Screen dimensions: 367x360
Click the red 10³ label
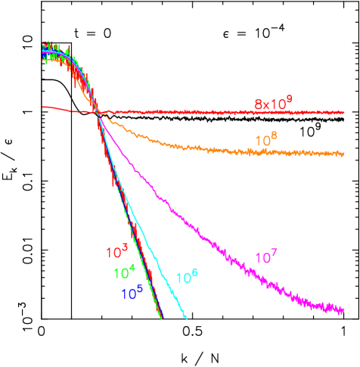(x=116, y=252)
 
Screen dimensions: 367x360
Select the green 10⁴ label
(x=125, y=272)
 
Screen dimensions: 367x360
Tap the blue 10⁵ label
(x=132, y=292)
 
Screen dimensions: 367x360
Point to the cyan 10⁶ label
(x=187, y=277)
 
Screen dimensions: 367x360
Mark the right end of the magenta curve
(x=344, y=309)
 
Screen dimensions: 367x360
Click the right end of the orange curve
(x=344, y=154)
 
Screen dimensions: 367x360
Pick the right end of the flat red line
(x=344, y=113)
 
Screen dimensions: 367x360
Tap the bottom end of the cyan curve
(x=186, y=318)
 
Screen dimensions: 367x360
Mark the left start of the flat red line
(x=43, y=107)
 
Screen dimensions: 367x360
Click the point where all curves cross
(x=99, y=114)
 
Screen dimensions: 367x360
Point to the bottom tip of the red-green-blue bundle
(x=162, y=319)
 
